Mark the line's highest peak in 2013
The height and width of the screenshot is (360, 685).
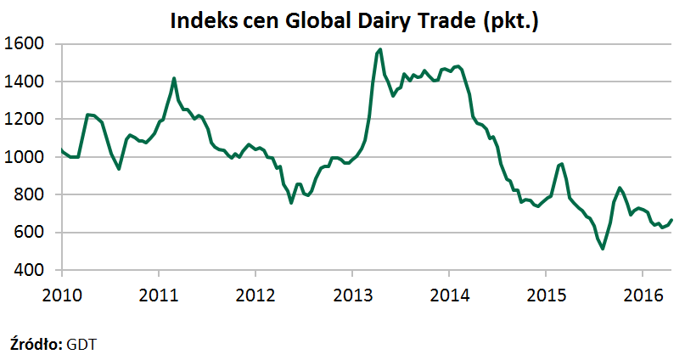click(x=379, y=49)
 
